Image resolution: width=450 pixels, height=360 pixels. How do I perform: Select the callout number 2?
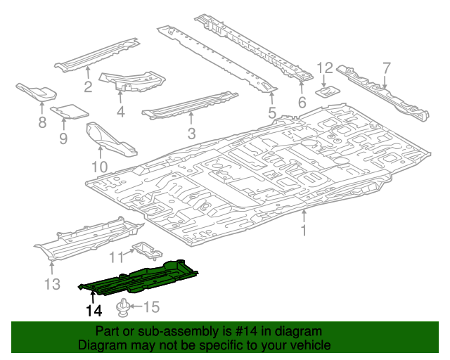coord(88,88)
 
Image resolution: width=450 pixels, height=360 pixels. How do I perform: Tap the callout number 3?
coord(191,134)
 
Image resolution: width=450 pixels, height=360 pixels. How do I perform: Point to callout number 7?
coord(386,68)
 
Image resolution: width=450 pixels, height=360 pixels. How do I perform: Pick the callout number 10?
coord(99,167)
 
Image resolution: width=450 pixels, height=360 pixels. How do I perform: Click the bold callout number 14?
coord(94,310)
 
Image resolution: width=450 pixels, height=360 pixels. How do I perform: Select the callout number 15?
coord(152,307)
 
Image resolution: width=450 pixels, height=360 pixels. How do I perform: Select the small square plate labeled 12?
coord(328,90)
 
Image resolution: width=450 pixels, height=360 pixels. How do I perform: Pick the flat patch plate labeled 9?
coord(70,110)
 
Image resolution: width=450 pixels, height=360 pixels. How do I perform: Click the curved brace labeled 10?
coord(109,141)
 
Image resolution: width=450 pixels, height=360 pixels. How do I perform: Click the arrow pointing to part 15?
coord(138,307)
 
